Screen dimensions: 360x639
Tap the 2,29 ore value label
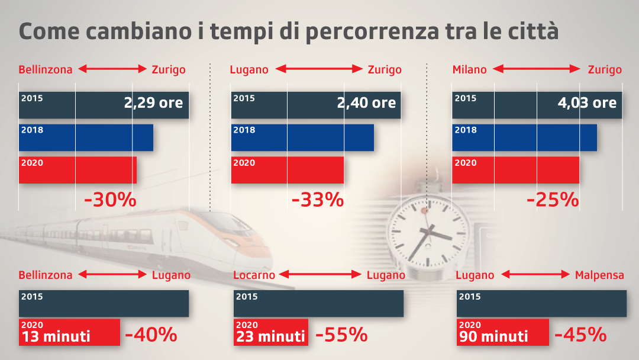coord(153,102)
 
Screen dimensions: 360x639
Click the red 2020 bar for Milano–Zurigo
coord(515,170)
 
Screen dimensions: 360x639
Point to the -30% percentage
coord(111,200)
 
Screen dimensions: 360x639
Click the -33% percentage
coord(318,200)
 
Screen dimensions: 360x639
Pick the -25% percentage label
coord(553,200)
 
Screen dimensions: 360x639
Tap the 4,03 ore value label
coord(587,102)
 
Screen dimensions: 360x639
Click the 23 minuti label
coord(270,336)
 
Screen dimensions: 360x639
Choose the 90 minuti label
coord(493,336)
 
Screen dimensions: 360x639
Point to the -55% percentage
coord(341,335)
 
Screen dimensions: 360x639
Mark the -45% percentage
coord(580,335)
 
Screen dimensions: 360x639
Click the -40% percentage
coord(151,335)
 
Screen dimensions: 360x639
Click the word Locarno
coord(254,275)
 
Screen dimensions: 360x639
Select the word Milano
coord(469,70)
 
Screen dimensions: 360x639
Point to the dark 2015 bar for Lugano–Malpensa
coord(541,303)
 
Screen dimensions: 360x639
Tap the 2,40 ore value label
coord(366,102)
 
